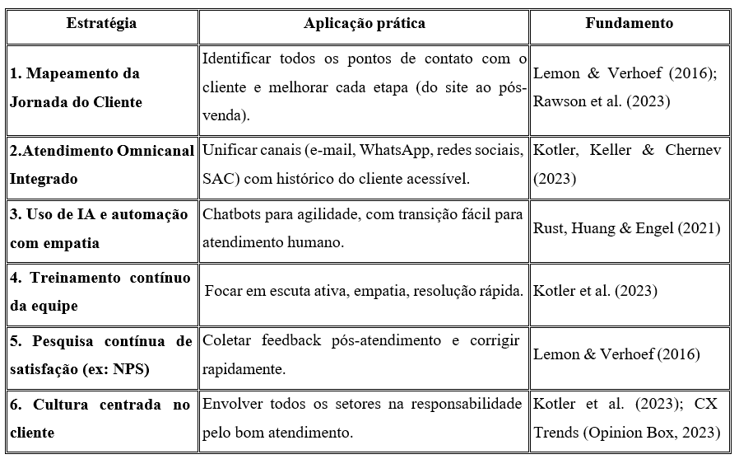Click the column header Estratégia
coord(101,23)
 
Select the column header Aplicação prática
coord(364,23)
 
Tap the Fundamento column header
coord(629,23)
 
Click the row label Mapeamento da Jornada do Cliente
coord(76,87)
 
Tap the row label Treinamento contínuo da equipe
coord(100,291)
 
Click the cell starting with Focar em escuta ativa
coord(364,291)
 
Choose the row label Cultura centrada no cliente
coord(100,418)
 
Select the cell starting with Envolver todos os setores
coord(364,418)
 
